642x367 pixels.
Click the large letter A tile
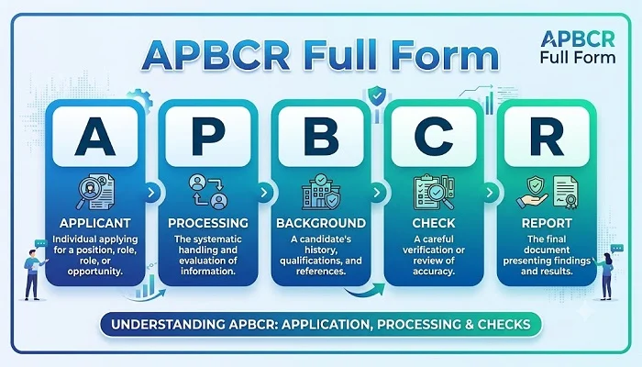[95, 137]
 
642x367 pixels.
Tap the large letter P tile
[208, 137]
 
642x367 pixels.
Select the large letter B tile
[321, 137]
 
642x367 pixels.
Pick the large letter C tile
[434, 137]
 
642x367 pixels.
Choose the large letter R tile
[547, 137]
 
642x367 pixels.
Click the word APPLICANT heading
[95, 223]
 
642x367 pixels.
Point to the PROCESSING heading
[208, 223]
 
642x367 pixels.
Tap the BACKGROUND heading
[321, 223]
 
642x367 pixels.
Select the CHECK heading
[434, 223]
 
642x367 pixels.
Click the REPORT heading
[547, 223]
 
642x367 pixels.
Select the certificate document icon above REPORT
[566, 192]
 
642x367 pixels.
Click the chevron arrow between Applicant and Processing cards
[151, 193]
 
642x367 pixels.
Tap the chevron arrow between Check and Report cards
[490, 193]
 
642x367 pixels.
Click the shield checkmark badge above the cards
[377, 97]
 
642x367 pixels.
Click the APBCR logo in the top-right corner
[578, 47]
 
